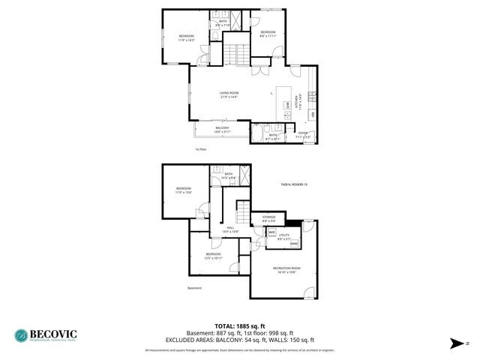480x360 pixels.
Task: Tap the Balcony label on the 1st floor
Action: coord(222,130)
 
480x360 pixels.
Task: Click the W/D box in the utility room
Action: coord(272,232)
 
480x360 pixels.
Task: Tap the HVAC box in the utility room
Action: coord(294,244)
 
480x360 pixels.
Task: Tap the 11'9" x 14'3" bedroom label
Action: coord(186,37)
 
